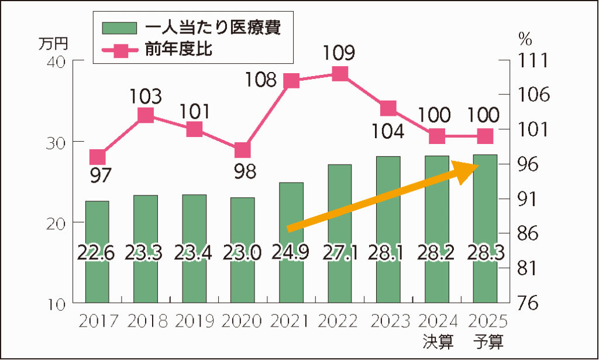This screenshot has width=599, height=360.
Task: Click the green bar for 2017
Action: [x=97, y=252]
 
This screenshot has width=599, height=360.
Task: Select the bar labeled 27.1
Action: [x=339, y=234]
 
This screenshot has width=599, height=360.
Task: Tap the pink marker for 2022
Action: [x=339, y=74]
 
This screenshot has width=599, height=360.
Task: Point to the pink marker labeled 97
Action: [x=98, y=157]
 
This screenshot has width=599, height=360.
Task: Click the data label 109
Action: [x=339, y=54]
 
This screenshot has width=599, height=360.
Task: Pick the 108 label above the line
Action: [x=260, y=78]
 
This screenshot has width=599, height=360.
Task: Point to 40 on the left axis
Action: [x=56, y=61]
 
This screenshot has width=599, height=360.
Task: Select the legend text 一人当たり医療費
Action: [x=212, y=27]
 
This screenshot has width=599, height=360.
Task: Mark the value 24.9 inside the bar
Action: [x=291, y=252]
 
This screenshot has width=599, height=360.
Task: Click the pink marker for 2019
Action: [x=194, y=129]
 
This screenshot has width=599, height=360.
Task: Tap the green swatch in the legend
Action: [x=119, y=28]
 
